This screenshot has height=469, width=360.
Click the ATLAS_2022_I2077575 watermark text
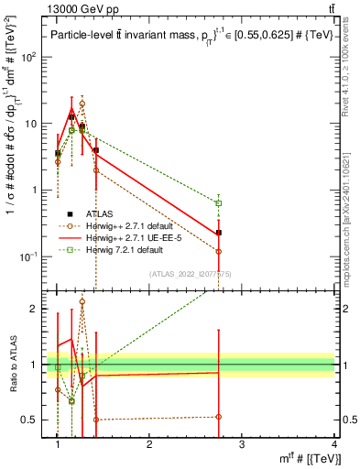tap(196, 273)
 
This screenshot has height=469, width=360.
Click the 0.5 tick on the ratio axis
tap(33, 420)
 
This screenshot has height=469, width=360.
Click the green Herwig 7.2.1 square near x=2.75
tap(218, 202)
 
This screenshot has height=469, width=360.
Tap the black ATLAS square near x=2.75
tap(218, 233)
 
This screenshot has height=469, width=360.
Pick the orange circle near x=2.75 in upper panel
tap(218, 251)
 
